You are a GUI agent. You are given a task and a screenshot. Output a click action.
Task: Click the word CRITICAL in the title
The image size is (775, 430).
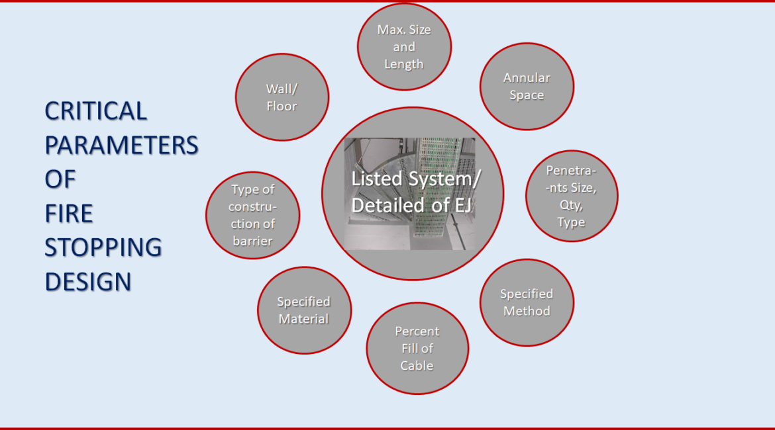coord(96,111)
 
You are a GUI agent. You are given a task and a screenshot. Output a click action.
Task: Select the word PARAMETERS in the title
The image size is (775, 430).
coord(122,145)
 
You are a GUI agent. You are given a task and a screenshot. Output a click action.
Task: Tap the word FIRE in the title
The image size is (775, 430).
coord(69,214)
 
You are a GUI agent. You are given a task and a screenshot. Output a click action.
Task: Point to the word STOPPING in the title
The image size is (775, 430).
coord(103,248)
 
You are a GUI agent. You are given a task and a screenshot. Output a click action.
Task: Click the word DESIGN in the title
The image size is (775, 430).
coord(88,282)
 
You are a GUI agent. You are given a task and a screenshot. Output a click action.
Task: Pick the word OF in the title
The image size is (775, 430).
coord(60,179)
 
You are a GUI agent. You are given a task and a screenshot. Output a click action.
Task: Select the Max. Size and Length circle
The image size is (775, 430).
coord(404,47)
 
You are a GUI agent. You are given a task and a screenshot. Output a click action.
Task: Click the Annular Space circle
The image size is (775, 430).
coord(527,87)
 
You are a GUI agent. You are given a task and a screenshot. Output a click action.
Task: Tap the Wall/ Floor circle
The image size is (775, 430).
coord(282,97)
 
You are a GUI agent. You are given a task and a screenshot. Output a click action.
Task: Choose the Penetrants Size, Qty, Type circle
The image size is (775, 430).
coord(572,196)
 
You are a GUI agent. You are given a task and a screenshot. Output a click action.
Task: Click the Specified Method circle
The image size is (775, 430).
coord(527,302)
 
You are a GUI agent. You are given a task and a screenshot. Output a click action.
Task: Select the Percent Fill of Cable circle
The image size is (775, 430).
coord(418,349)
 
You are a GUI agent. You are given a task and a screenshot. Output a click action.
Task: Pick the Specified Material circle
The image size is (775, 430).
coord(305,310)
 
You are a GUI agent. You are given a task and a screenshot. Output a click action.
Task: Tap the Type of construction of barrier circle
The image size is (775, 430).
coord(252,215)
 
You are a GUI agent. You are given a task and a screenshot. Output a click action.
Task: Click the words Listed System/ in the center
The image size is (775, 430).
coord(416,179)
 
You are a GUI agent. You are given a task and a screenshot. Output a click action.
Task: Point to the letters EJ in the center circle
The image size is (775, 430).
coord(462,205)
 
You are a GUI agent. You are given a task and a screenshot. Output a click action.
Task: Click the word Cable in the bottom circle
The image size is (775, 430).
coord(417,366)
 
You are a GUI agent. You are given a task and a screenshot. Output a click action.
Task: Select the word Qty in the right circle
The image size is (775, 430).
coord(571,205)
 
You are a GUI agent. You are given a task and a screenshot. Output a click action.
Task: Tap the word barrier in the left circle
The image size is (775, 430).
coord(252,241)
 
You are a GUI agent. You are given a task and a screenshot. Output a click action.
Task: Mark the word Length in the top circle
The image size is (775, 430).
coord(404,65)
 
